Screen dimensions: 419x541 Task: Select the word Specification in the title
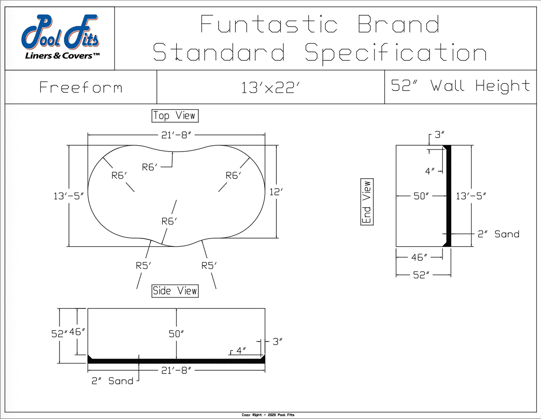tap(395, 53)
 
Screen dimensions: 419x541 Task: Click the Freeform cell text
tap(81, 87)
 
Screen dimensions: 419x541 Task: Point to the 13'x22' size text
tap(270, 87)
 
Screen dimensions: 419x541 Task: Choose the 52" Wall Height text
tap(460, 86)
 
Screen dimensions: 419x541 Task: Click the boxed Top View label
tap(174, 116)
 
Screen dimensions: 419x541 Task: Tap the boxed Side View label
tap(175, 291)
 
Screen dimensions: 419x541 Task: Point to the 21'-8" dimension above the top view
tap(176, 135)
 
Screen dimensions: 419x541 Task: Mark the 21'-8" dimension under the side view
tap(176, 370)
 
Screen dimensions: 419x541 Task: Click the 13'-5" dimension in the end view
tap(471, 196)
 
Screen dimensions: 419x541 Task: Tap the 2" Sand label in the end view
tap(498, 234)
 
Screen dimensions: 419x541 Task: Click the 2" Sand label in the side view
tap(113, 381)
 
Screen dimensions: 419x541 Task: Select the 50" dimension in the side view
tap(176, 334)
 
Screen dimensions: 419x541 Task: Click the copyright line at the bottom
tap(268, 415)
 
